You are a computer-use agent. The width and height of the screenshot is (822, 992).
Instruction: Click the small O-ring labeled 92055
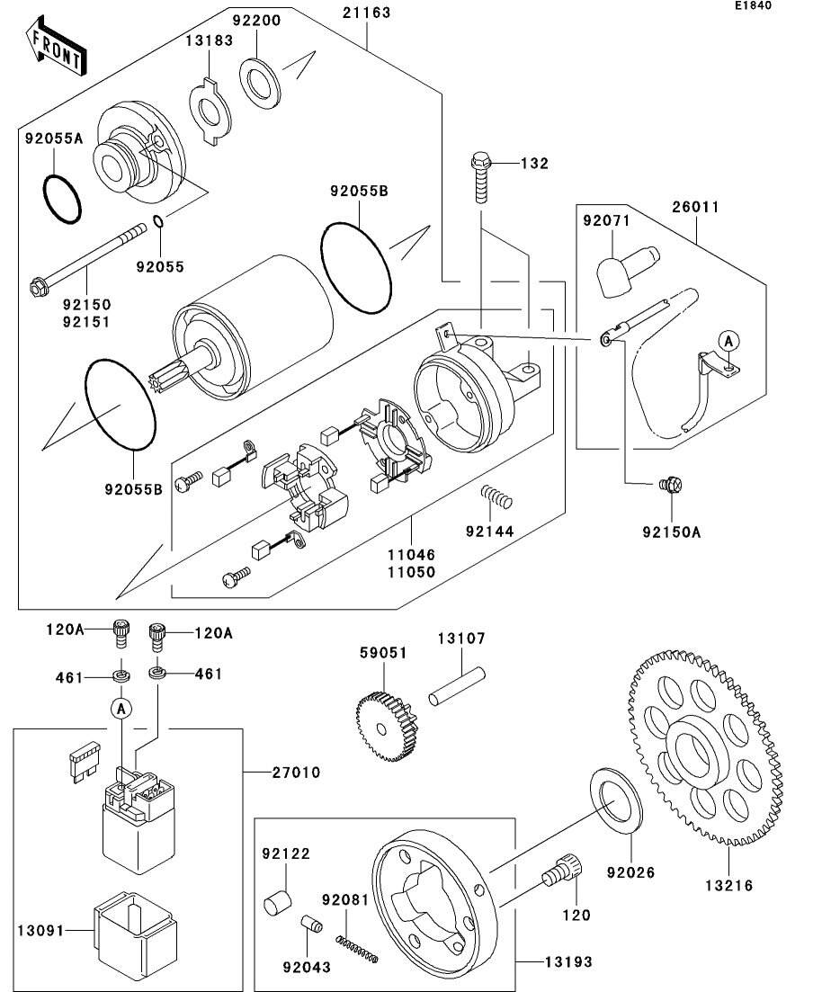click(157, 222)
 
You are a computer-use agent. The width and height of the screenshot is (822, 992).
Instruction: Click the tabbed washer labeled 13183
click(210, 112)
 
